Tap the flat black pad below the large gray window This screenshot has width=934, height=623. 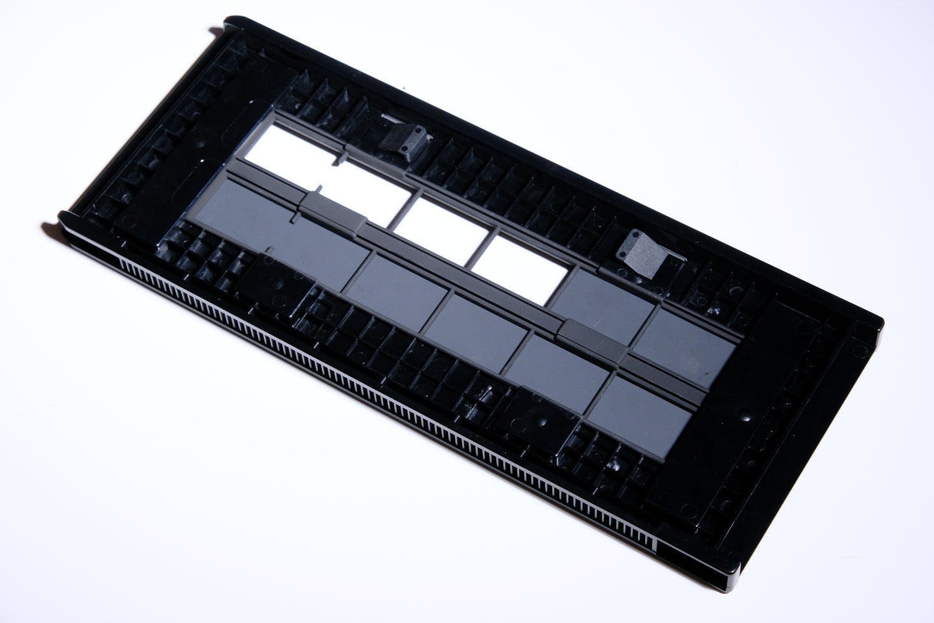point(271,285)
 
